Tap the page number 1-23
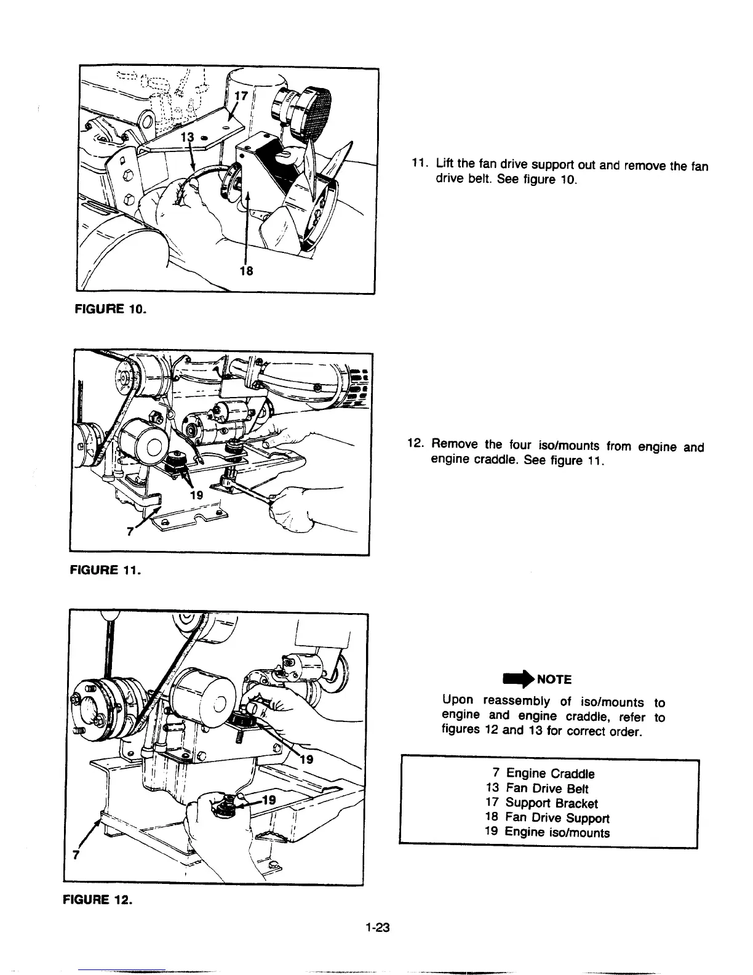click(x=377, y=928)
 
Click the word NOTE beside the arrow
click(x=554, y=680)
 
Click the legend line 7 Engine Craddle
click(x=544, y=774)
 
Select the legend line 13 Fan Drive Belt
click(x=537, y=788)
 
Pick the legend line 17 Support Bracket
click(x=541, y=803)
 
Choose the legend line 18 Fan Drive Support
click(x=547, y=818)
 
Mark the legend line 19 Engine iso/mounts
click(x=547, y=833)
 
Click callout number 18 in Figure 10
click(x=246, y=271)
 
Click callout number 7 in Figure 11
click(x=129, y=532)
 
